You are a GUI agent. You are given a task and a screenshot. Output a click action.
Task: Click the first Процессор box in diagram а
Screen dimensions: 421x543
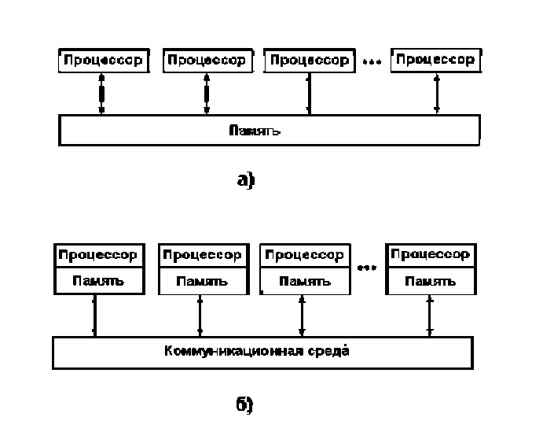click(103, 60)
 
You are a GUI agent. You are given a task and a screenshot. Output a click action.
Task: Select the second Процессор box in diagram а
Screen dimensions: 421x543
click(207, 60)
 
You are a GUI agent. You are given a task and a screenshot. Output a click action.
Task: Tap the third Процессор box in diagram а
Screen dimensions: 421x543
click(309, 61)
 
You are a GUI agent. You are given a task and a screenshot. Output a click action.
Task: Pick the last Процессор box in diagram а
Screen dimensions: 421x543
click(436, 59)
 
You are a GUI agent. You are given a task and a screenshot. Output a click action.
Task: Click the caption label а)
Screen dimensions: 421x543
click(247, 180)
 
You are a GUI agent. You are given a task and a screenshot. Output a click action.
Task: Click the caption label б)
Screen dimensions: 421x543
click(244, 404)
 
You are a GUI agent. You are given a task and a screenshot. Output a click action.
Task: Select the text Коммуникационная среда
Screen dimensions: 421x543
click(258, 351)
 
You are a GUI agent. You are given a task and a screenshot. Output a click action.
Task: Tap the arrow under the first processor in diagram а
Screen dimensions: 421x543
click(101, 94)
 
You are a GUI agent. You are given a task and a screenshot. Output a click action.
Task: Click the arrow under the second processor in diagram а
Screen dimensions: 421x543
click(206, 94)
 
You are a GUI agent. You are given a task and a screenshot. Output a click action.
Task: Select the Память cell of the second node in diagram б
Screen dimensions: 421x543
click(200, 280)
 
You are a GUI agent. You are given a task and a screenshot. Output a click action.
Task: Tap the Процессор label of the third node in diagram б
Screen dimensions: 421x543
click(302, 255)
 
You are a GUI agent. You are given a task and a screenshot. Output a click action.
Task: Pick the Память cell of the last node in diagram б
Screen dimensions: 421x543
click(428, 280)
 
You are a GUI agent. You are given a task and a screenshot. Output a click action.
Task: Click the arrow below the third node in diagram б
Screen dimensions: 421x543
click(302, 316)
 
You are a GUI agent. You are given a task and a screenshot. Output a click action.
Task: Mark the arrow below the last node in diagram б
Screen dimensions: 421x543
click(429, 316)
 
